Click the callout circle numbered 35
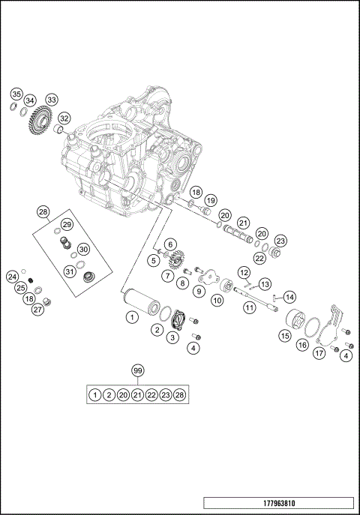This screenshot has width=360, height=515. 16,94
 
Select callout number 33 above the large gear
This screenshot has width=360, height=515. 51,100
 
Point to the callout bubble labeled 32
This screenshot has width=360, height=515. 65,118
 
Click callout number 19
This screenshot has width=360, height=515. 211,200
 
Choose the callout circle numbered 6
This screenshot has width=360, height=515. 170,244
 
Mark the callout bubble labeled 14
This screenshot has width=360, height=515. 289,297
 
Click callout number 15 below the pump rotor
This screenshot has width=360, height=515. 285,337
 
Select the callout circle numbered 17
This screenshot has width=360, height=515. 319,353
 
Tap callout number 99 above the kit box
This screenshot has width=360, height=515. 136,371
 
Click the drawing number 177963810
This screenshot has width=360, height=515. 278,503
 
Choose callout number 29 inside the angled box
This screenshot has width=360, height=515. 67,225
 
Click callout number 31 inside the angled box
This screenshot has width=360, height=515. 69,271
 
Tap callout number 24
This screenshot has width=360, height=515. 12,277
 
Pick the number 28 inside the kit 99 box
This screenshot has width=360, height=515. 180,394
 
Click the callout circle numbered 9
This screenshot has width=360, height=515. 199,290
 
